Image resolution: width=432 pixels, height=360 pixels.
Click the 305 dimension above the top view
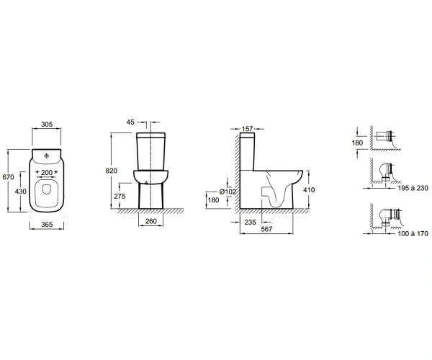47,125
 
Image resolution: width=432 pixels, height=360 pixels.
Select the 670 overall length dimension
8,177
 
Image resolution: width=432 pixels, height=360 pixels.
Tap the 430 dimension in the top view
21,191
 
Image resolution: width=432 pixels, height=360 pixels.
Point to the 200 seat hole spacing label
47,172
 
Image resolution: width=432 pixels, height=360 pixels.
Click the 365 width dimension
47,225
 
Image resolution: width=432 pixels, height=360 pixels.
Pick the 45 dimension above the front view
130,122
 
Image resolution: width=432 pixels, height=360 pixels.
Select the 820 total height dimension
112,171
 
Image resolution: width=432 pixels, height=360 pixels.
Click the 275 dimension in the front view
120,196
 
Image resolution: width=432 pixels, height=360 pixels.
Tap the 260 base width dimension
151,221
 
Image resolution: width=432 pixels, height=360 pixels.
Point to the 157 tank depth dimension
247,129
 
